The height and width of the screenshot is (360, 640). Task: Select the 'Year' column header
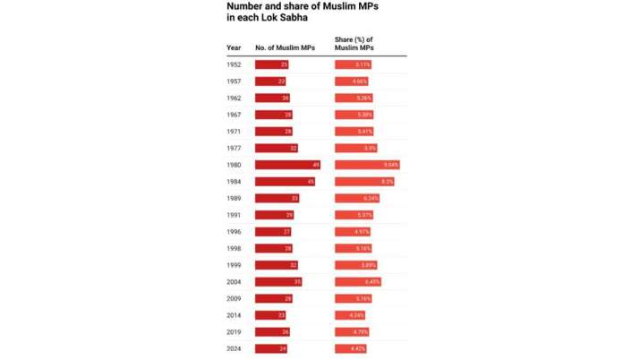(234, 47)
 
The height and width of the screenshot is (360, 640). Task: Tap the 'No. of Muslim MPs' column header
(285, 47)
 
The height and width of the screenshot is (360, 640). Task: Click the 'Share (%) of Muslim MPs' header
(354, 43)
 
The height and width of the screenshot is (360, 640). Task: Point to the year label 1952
(234, 65)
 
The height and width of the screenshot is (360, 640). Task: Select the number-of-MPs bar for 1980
(288, 165)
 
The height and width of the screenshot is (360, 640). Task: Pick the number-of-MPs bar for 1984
(285, 181)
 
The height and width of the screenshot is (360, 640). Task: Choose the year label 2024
(234, 347)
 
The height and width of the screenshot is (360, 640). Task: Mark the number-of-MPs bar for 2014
(270, 314)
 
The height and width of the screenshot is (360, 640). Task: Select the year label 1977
(234, 148)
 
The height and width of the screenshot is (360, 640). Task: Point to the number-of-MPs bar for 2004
(278, 281)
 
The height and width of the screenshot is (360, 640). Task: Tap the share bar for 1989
(357, 198)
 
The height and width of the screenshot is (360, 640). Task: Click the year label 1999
(234, 264)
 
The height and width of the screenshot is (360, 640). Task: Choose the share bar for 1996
(353, 231)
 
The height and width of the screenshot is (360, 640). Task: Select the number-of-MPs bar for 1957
(270, 81)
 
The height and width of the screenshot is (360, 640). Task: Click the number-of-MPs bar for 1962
(272, 99)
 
